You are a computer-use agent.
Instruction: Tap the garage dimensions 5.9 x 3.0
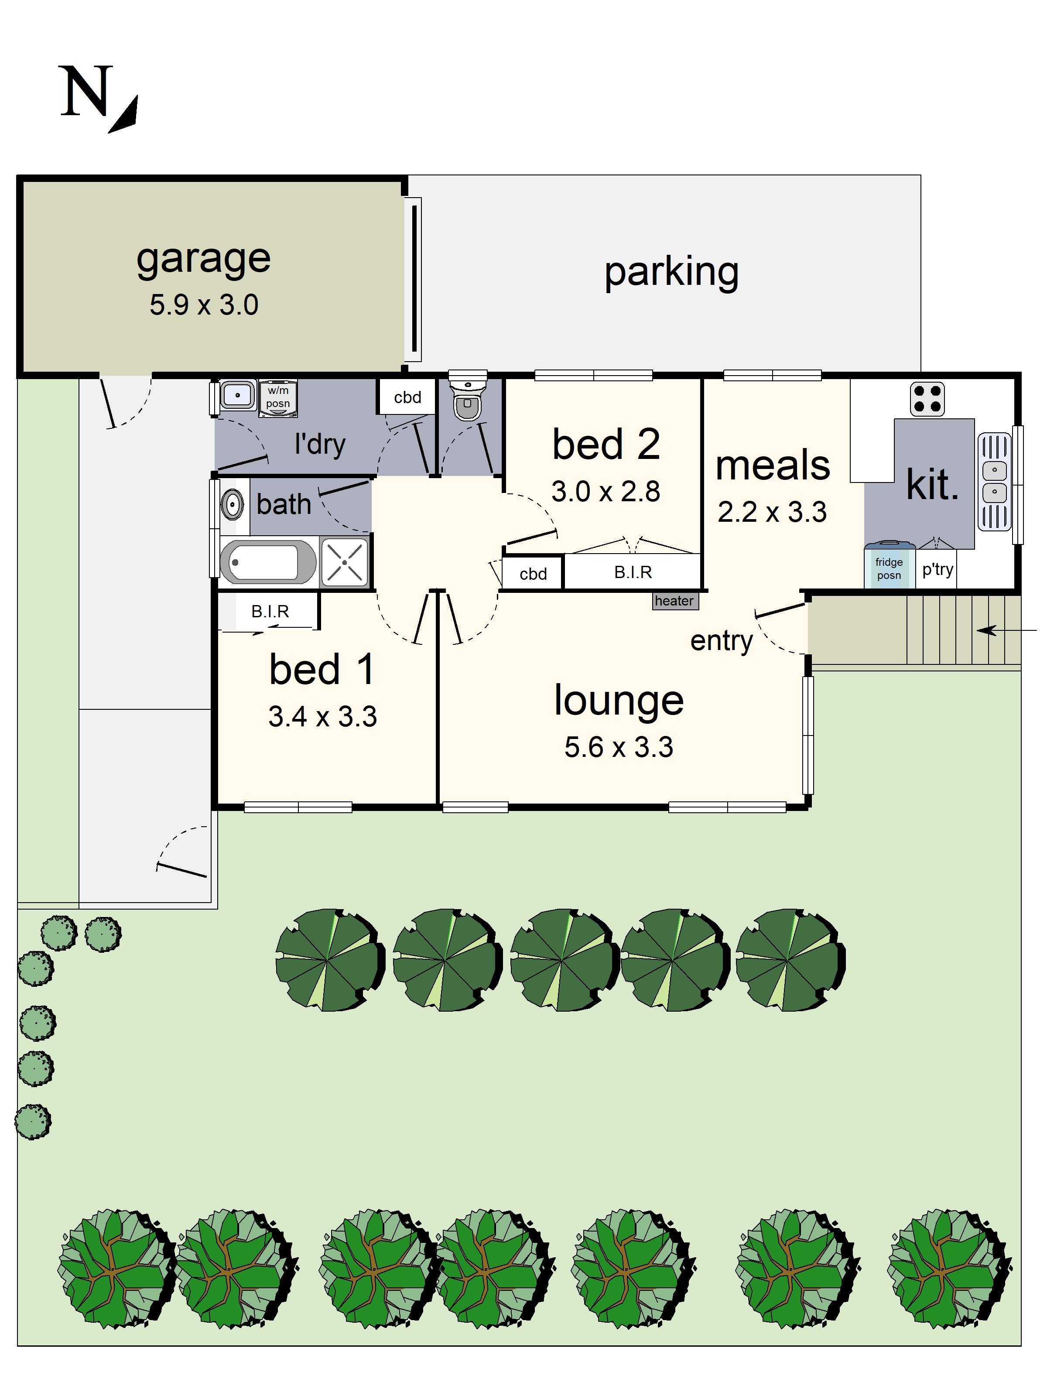(x=204, y=305)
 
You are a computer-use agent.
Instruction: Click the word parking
(x=671, y=272)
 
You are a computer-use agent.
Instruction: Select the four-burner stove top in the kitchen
(x=927, y=399)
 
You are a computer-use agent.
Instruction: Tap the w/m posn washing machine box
(x=278, y=397)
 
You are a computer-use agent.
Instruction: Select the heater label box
(x=674, y=601)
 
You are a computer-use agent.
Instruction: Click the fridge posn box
(x=889, y=568)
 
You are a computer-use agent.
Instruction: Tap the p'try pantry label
(x=937, y=569)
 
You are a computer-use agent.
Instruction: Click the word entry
(x=722, y=641)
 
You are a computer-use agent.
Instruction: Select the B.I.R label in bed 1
(x=270, y=612)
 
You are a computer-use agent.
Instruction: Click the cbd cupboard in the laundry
(x=407, y=397)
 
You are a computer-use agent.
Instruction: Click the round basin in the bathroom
(x=232, y=505)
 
